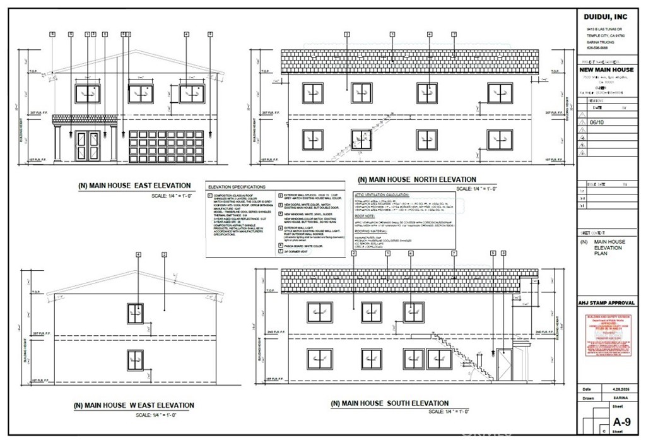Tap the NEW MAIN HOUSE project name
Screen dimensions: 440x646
point(607,70)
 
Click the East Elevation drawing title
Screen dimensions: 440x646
point(134,186)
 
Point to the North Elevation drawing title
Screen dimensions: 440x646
point(417,179)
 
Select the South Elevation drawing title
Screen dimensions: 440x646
point(390,403)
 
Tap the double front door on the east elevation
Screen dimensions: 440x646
point(86,146)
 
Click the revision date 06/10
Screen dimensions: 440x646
point(596,123)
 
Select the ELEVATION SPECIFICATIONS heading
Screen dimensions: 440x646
point(237,187)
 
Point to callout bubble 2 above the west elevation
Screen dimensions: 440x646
point(164,254)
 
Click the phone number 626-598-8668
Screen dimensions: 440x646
point(597,49)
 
